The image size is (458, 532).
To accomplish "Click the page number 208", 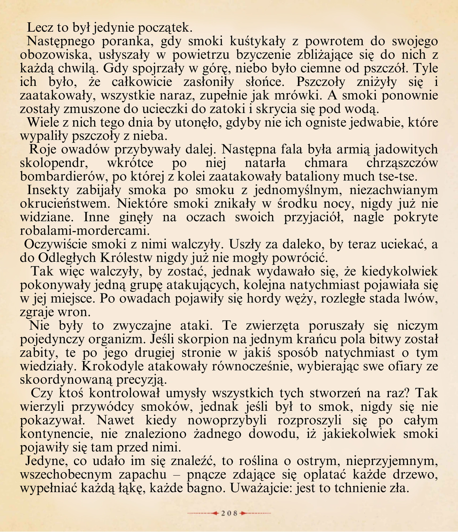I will point(229,513).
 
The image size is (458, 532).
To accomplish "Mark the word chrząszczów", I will point(402,163).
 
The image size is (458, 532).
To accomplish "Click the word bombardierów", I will point(64,177).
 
